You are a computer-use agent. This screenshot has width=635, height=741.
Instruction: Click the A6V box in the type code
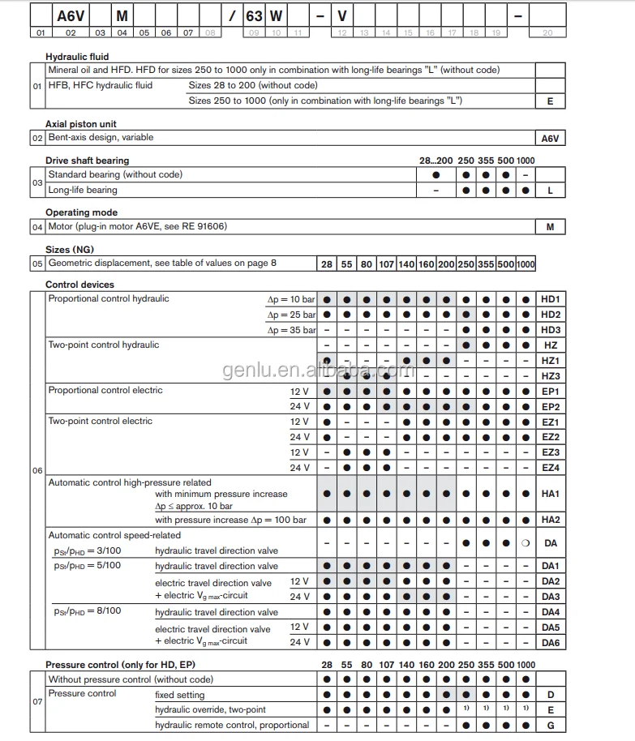pyautogui.click(x=71, y=15)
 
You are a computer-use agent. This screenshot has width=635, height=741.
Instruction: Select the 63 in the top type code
pyautogui.click(x=253, y=15)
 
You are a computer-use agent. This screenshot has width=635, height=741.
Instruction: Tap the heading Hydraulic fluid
pyautogui.click(x=77, y=58)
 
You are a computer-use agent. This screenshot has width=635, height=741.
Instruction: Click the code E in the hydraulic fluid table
pyautogui.click(x=551, y=101)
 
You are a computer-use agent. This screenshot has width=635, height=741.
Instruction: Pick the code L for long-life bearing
pyautogui.click(x=551, y=190)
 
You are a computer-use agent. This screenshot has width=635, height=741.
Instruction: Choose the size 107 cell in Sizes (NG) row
pyautogui.click(x=386, y=263)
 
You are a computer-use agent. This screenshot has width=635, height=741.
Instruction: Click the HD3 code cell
pyautogui.click(x=551, y=330)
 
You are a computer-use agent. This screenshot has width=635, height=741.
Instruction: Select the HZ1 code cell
pyautogui.click(x=551, y=360)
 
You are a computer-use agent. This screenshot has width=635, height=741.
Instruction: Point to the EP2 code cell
pyautogui.click(x=551, y=406)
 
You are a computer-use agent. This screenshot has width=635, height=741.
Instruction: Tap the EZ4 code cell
pyautogui.click(x=551, y=468)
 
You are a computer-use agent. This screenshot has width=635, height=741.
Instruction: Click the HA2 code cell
pyautogui.click(x=551, y=520)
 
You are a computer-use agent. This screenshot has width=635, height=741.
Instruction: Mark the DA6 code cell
pyautogui.click(x=551, y=642)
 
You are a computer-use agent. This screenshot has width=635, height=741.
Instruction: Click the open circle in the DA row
pyautogui.click(x=526, y=543)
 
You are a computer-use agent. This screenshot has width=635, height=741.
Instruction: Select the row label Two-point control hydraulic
pyautogui.click(x=104, y=345)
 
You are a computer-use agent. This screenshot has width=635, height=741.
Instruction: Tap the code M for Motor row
pyautogui.click(x=551, y=227)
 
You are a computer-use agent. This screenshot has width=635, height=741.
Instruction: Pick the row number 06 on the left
pyautogui.click(x=37, y=470)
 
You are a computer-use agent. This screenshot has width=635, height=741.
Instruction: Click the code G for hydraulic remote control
pyautogui.click(x=551, y=725)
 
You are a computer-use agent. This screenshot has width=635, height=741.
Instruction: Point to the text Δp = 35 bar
pyautogui.click(x=290, y=330)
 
